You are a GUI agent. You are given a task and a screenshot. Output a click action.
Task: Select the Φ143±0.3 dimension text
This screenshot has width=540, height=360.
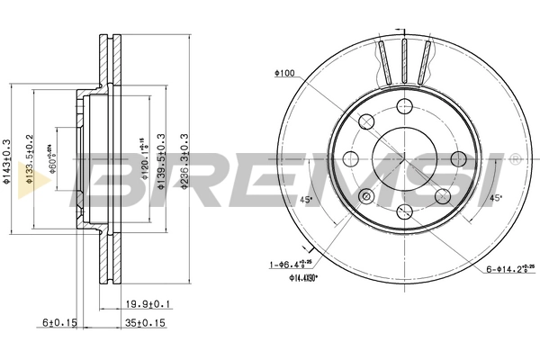click(7, 162)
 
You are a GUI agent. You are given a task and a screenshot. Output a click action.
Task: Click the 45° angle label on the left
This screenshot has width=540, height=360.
click(304, 200)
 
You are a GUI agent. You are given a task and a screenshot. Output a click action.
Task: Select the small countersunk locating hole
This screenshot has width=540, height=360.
click(365, 197)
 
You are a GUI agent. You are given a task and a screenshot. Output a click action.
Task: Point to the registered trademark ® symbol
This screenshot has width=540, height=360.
click(515, 159)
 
